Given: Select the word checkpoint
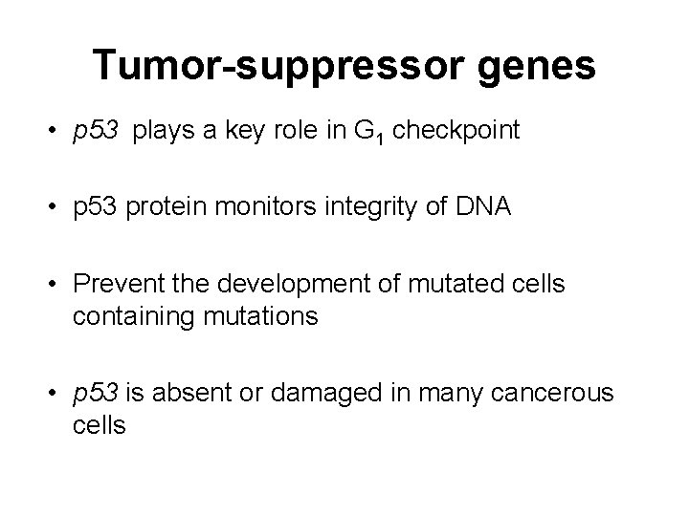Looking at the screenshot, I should (x=456, y=131).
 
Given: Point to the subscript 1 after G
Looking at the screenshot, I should (x=382, y=138).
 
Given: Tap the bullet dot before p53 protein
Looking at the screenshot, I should (x=58, y=207).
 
